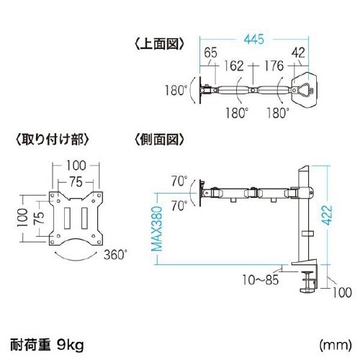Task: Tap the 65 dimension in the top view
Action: click(211, 53)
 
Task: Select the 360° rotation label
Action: click(116, 254)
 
